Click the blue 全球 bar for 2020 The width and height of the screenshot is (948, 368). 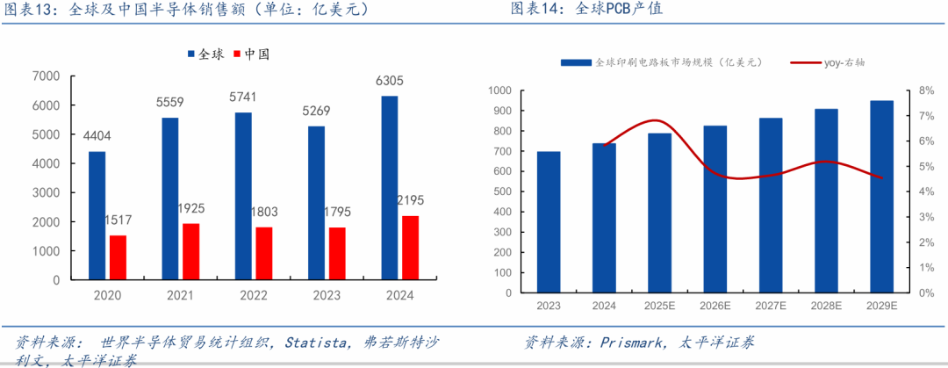pos(97,215)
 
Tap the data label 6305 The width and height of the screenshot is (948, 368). pos(389,81)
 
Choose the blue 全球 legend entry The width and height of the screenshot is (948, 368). pos(205,54)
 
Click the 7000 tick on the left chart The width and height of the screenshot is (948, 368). pos(47,76)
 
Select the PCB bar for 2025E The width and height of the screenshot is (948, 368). pos(659,213)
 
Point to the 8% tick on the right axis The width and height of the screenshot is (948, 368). pos(926,90)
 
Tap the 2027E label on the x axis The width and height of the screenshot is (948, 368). pos(770,306)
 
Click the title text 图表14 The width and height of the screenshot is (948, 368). pos(537,11)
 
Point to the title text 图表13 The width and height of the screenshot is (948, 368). pos(31,11)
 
